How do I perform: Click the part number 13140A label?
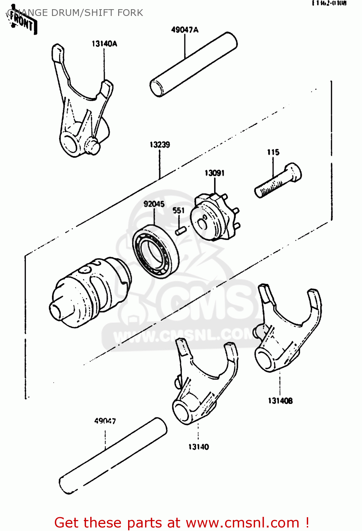pos(104,44)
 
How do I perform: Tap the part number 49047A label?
pos(185,30)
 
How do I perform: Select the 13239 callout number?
pos(160,145)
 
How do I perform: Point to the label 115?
pos(273,152)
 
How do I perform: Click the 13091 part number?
pos(214,173)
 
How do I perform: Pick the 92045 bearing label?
pos(154,204)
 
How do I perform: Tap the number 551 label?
pos(179,211)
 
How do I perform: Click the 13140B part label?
pos(280,401)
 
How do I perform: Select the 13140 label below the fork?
pos(199,447)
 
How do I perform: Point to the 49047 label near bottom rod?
pos(105,421)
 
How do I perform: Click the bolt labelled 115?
pos(278,181)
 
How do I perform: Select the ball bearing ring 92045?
pos(156,251)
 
